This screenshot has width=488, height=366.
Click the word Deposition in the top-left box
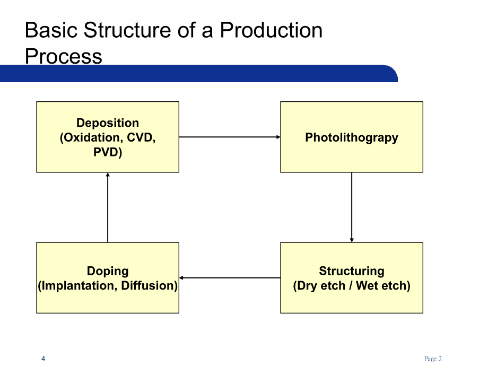[x=108, y=123]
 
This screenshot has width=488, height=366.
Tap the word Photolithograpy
[x=351, y=137]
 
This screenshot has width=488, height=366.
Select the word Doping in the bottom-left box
[x=108, y=271]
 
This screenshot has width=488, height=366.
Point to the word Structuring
[x=351, y=271]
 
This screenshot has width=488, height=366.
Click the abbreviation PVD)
[x=108, y=153]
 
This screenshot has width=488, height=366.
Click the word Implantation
[x=79, y=286]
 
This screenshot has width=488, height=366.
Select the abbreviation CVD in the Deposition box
[x=140, y=138]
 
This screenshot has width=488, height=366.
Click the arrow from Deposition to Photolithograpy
[x=229, y=137]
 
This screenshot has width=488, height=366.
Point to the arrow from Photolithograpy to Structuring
[x=352, y=207]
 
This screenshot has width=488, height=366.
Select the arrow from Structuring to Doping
[x=229, y=277]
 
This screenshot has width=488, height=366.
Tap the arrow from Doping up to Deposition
[x=108, y=207]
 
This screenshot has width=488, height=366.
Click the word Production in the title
[x=271, y=30]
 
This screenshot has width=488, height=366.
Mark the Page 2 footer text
[x=433, y=359]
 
